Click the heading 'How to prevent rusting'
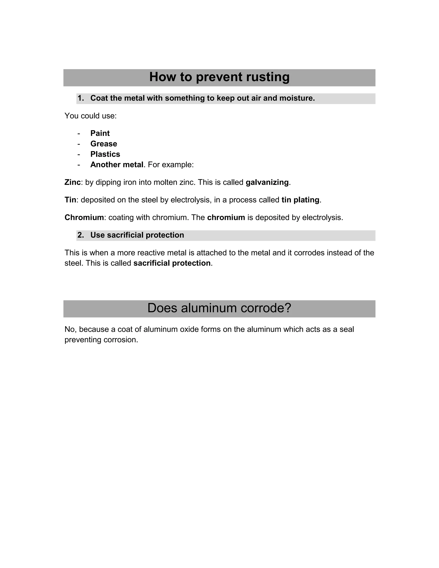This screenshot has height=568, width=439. pos(219,77)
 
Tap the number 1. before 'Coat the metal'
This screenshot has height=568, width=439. pos(81,98)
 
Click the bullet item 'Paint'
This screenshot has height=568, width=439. pos(100,133)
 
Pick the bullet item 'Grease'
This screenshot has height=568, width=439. pos(104,144)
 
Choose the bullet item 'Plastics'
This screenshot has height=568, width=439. pos(105,154)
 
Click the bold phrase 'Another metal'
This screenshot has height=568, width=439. pos(117,165)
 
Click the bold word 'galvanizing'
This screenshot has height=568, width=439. pos(267,182)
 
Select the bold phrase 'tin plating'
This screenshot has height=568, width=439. pos(300,200)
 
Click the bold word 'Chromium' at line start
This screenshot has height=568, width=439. pos(84,217)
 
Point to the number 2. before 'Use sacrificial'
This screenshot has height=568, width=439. pos(81,235)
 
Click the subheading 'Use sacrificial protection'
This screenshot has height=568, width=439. pos(137,235)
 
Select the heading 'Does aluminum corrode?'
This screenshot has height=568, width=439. pos(219,308)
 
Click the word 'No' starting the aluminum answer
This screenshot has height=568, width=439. pos(69,329)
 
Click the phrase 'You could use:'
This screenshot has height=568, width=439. pos(90,116)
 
